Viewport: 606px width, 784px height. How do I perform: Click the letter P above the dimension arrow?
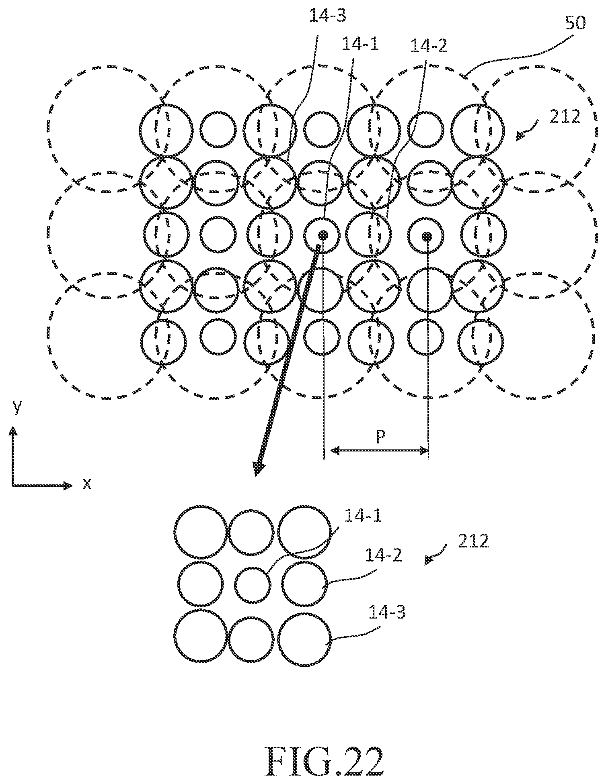[x=381, y=437]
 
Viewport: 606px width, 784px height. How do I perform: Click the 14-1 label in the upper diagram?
[x=360, y=44]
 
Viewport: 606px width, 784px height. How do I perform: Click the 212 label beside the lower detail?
[x=473, y=541]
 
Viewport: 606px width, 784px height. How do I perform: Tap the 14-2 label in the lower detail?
[x=383, y=556]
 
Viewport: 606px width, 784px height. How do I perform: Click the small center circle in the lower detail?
[x=253, y=585]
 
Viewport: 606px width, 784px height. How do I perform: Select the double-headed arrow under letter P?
[x=380, y=451]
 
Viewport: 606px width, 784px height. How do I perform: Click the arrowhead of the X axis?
[x=68, y=486]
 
